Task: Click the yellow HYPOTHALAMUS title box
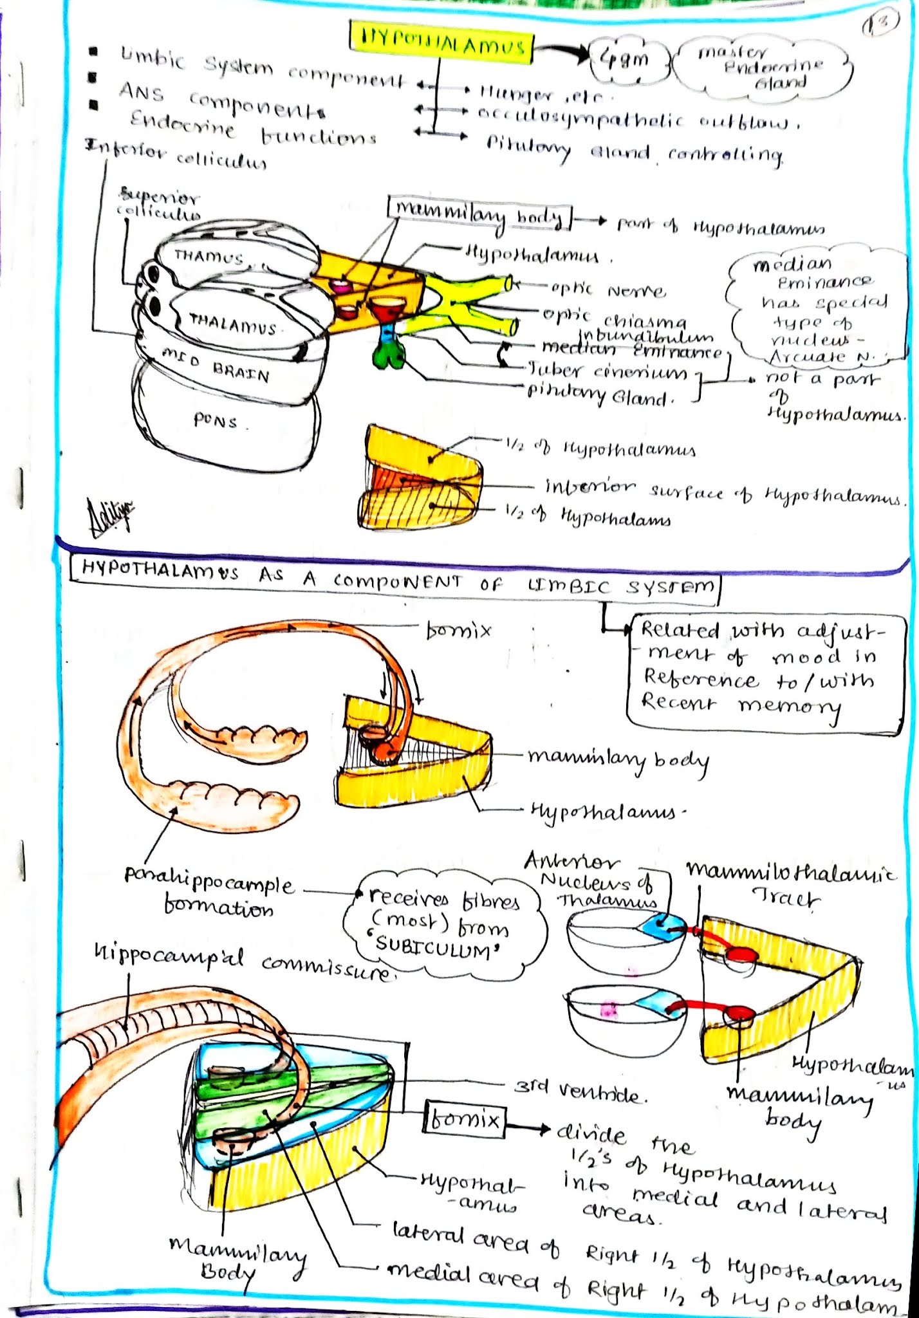pyautogui.click(x=441, y=44)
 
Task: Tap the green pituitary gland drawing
pyautogui.click(x=388, y=353)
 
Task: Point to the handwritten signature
pyautogui.click(x=111, y=516)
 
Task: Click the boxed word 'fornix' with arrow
pyautogui.click(x=464, y=1120)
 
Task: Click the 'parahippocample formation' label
pyautogui.click(x=209, y=896)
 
